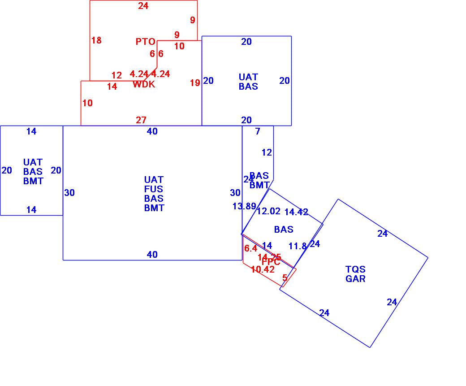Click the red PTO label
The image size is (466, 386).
(146, 42)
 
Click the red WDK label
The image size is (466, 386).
(144, 84)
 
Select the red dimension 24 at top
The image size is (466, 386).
(143, 6)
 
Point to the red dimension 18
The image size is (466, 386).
(96, 40)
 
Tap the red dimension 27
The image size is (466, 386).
(141, 120)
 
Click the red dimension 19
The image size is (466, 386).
(195, 83)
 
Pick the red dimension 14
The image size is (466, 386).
(112, 87)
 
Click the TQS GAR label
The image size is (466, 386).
(355, 274)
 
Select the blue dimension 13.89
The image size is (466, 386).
(244, 206)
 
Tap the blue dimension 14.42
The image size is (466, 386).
(297, 212)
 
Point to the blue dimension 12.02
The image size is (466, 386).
(268, 211)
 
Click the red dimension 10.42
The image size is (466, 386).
(263, 269)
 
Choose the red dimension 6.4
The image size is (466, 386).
(250, 248)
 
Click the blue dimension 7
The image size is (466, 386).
(258, 131)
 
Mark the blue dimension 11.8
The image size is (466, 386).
(298, 246)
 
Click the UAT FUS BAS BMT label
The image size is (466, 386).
(154, 194)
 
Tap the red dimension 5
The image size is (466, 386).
(285, 278)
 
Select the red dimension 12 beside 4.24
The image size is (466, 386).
(116, 75)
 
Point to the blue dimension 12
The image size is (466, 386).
(267, 152)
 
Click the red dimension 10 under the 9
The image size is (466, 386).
(179, 46)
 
